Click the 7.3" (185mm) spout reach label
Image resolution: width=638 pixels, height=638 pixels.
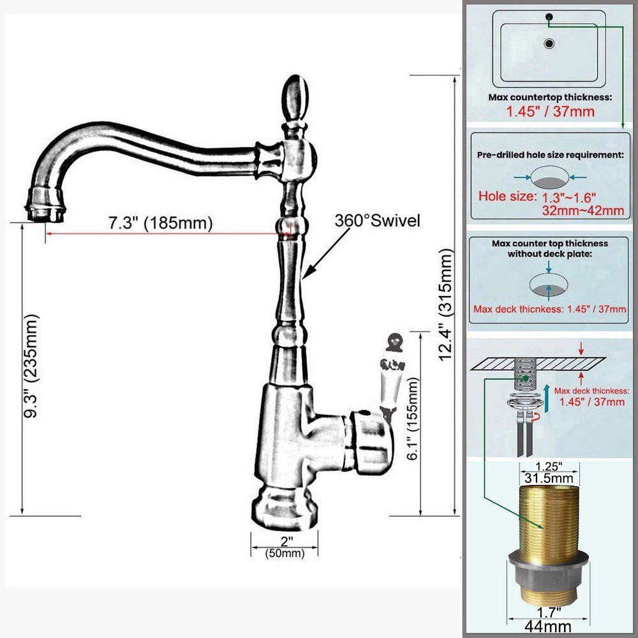pos(159,223)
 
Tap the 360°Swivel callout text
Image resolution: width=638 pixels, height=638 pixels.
pos(378,221)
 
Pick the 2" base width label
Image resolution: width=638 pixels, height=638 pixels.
pos(285,541)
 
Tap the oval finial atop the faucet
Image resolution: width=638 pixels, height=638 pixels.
pos(295,99)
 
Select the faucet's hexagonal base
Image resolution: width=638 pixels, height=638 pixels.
pos(284,507)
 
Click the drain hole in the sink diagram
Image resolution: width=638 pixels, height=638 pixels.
pos(549,44)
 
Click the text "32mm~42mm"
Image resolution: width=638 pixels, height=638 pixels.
pos(582,210)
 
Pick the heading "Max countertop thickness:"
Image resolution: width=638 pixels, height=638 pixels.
pos(550,98)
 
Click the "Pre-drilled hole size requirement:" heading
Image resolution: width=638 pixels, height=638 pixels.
pos(550,154)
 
